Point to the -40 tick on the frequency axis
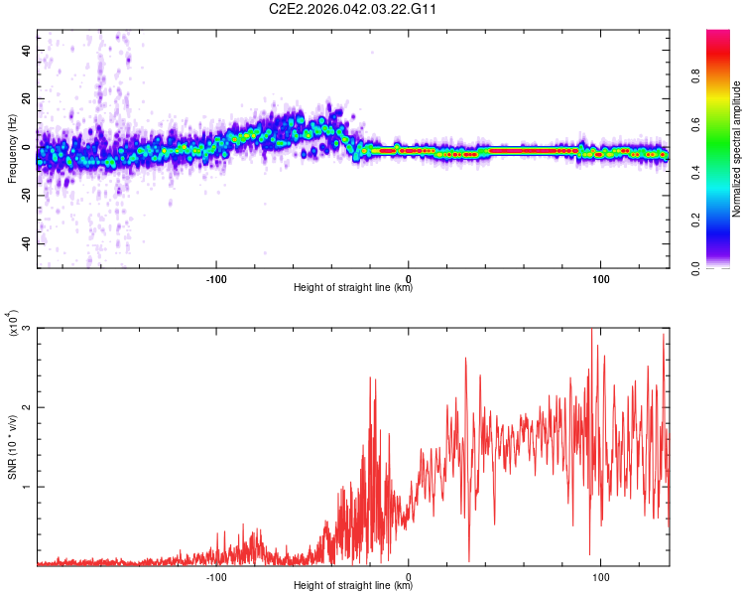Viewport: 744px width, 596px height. (x=24, y=243)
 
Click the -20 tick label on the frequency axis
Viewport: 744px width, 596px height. (x=24, y=196)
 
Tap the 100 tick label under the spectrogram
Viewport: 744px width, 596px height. (x=600, y=277)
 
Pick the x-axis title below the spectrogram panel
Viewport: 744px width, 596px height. (x=353, y=288)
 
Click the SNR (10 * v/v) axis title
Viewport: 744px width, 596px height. (x=13, y=447)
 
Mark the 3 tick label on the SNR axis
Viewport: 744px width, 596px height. (x=27, y=328)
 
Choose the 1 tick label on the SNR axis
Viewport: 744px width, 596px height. (x=27, y=487)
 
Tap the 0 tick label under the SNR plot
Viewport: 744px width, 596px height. (x=409, y=576)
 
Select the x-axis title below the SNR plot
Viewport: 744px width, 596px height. (x=353, y=587)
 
